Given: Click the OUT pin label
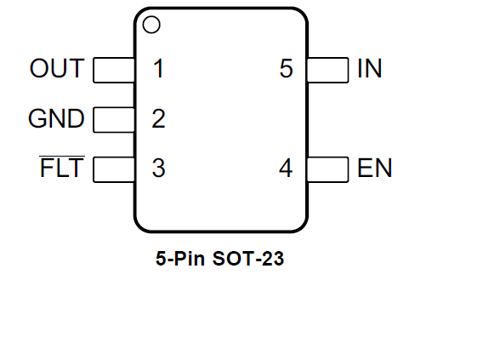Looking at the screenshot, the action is coord(57,68).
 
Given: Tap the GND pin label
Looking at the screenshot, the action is coord(56,118).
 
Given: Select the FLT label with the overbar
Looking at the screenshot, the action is coord(62,167).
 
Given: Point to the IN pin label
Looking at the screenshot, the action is coord(370,68).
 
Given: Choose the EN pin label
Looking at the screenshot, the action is coord(374,168).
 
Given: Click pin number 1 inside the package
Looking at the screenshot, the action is coord(158,68).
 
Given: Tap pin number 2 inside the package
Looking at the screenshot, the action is coord(158,118).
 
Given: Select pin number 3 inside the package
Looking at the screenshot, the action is coord(159,168).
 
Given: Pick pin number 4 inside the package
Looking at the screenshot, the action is coord(286,168).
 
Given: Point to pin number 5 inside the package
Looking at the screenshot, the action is coord(287,68).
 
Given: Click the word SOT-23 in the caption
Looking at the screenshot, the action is coord(248,258).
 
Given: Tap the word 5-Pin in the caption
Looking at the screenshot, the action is coord(180,258).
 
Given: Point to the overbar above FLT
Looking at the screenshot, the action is coord(62,157).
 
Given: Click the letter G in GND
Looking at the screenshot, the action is coord(37,118).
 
